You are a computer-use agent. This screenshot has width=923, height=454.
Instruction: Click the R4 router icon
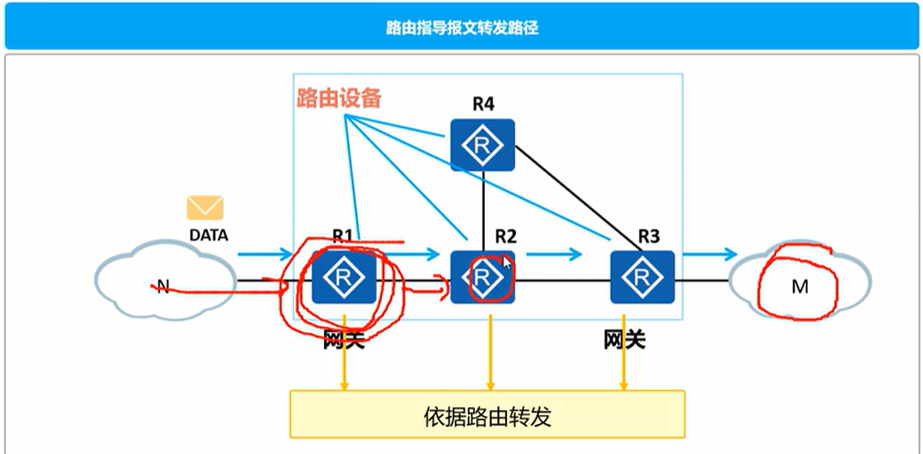click(x=481, y=144)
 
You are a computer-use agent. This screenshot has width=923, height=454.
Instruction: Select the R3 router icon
click(x=642, y=277)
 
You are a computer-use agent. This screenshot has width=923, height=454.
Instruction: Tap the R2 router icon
click(x=482, y=277)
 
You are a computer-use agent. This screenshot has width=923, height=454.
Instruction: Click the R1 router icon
click(x=344, y=277)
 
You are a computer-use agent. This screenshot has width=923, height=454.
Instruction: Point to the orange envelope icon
click(x=204, y=208)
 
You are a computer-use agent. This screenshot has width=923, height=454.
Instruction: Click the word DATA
click(x=209, y=235)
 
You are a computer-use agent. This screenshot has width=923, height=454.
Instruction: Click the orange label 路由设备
click(x=339, y=98)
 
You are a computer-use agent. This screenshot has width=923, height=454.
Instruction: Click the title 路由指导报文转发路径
click(x=462, y=28)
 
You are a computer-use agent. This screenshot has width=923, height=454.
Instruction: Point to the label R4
click(x=482, y=104)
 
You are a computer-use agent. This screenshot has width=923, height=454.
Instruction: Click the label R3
click(x=649, y=236)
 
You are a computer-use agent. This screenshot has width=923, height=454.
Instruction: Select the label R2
click(x=505, y=236)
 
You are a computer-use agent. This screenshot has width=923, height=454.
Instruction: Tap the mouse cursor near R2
click(x=506, y=262)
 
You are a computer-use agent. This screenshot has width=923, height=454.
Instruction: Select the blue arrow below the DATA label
click(x=265, y=255)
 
